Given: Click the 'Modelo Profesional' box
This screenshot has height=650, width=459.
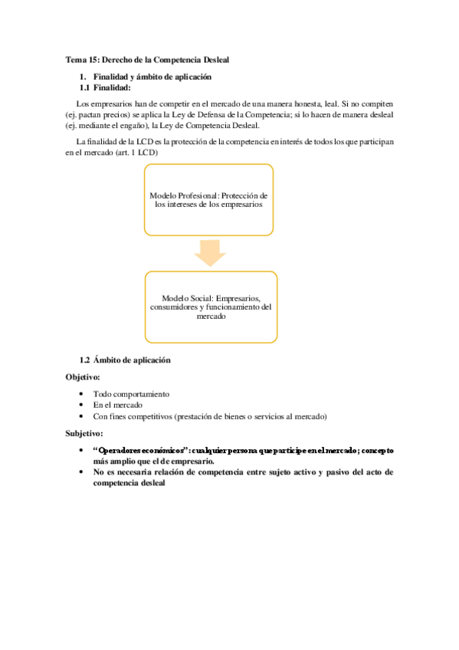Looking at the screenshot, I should point(208,200).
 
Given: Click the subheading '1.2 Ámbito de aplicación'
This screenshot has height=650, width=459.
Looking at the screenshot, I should point(125,360).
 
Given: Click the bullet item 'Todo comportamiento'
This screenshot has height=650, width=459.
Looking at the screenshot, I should point(131,394).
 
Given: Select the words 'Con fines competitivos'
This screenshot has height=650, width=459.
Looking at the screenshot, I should point(133,416).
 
